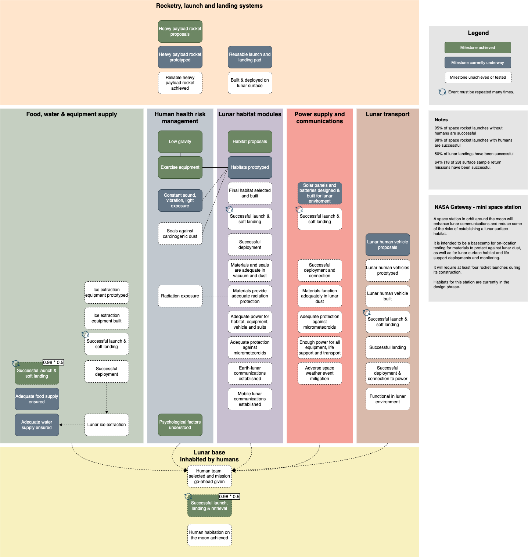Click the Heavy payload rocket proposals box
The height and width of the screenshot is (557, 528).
pos(180,32)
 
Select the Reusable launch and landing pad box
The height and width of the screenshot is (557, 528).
pos(250,57)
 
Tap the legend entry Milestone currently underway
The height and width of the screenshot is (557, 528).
pos(477,63)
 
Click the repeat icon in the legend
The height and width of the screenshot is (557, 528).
pos(442,92)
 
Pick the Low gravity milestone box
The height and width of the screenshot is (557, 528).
pos(180,142)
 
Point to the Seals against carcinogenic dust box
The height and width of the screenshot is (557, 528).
pos(180,234)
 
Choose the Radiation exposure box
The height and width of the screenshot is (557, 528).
pos(180,296)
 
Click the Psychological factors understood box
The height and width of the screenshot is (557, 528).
pos(180,425)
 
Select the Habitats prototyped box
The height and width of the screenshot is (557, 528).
pos(250,167)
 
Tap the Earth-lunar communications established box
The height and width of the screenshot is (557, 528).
pos(250,373)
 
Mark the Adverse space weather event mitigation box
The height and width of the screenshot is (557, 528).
pos(320,373)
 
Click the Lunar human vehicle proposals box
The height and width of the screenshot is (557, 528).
pos(388,245)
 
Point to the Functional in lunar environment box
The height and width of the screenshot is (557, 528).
pos(388,399)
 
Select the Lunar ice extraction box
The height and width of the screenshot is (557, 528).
pos(107,425)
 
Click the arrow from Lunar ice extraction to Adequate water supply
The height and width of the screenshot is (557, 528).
pos(72,425)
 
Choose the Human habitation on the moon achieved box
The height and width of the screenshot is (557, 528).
pos(209,535)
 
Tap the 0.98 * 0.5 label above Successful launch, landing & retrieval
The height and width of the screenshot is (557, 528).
pos(229,496)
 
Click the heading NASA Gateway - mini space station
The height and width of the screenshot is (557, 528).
pos(478,207)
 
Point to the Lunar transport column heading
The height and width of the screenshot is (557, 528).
pos(388,114)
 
